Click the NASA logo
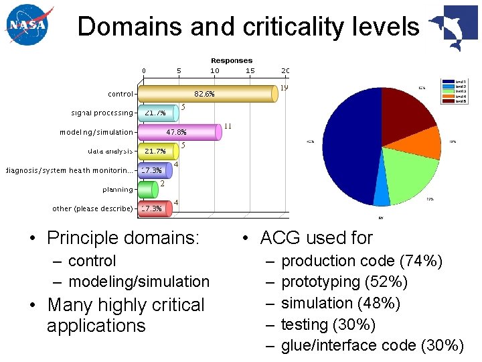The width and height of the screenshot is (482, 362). [28, 26]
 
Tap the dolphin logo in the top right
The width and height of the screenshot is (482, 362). [453, 28]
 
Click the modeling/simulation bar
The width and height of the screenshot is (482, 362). [179, 132]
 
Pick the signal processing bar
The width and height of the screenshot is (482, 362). [159, 113]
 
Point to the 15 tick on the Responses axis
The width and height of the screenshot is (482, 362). [250, 70]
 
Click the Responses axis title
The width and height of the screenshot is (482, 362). [232, 60]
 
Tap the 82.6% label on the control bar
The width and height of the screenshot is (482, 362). [204, 94]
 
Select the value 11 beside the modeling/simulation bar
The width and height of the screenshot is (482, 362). [228, 125]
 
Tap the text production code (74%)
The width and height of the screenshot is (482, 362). [361, 261]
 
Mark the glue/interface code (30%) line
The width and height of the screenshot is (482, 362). [372, 345]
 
